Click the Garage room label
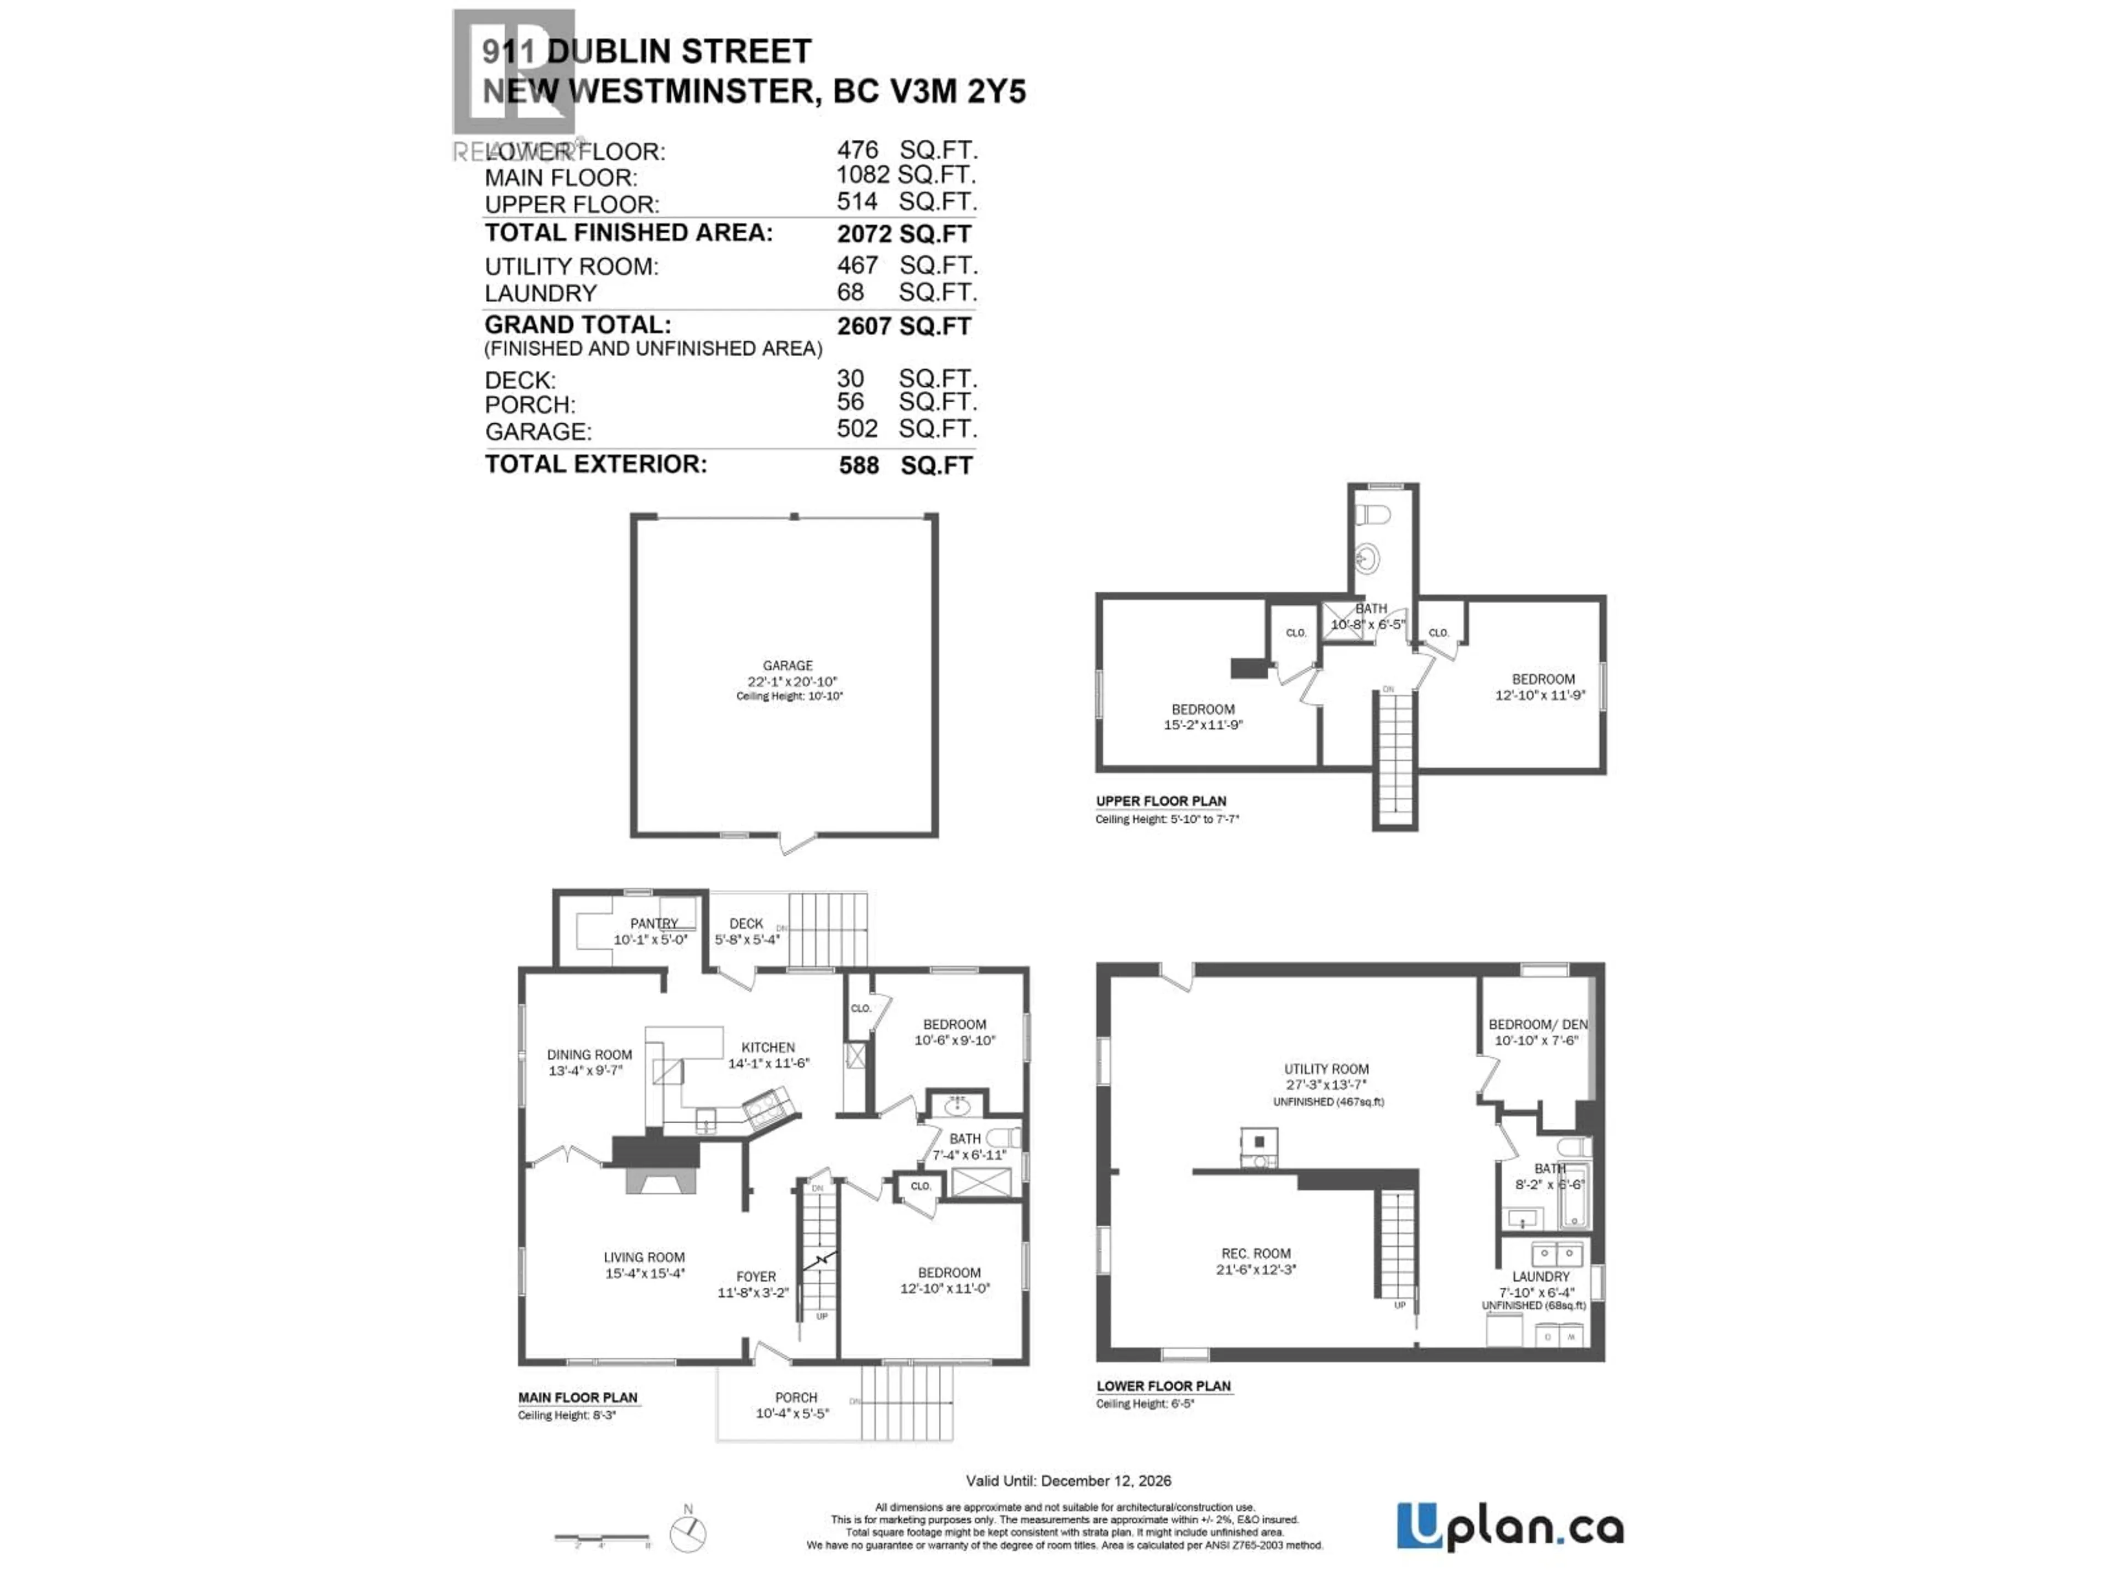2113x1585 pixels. [787, 665]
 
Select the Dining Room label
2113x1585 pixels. [589, 1055]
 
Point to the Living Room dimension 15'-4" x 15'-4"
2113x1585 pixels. [645, 1274]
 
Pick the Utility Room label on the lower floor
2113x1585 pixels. [1326, 1069]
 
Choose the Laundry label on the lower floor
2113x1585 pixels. [1540, 1276]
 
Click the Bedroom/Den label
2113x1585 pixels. [1537, 1024]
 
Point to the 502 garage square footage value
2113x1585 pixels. [857, 429]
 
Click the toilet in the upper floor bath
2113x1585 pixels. [1373, 515]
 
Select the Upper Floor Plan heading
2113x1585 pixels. [1160, 801]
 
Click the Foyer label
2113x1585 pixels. [756, 1276]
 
